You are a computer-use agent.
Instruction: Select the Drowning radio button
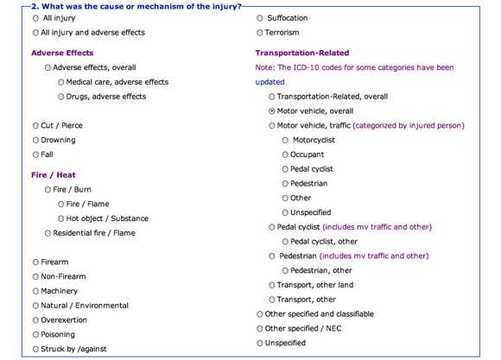tap(35, 140)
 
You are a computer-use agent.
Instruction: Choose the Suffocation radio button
tap(260, 18)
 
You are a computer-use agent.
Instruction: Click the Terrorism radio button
tap(260, 33)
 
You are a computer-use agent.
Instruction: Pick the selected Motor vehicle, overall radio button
tap(273, 111)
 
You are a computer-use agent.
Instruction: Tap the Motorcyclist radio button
tap(286, 140)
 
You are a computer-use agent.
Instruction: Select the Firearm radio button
tap(35, 262)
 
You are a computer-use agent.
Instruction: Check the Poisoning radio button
tap(35, 334)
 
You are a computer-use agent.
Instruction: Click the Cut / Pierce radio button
tap(35, 125)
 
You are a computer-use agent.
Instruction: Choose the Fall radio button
tap(35, 155)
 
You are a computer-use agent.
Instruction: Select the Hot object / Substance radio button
tap(60, 218)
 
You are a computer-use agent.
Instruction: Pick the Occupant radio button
tap(286, 155)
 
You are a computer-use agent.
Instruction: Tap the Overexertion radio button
tap(35, 319)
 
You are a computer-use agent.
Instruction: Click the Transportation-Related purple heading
tap(302, 53)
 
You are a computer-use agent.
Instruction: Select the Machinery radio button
tap(35, 291)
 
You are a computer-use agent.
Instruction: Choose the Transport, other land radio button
tap(273, 285)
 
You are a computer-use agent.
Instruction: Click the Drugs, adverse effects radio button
tap(60, 97)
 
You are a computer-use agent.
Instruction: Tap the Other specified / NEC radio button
tap(260, 328)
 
